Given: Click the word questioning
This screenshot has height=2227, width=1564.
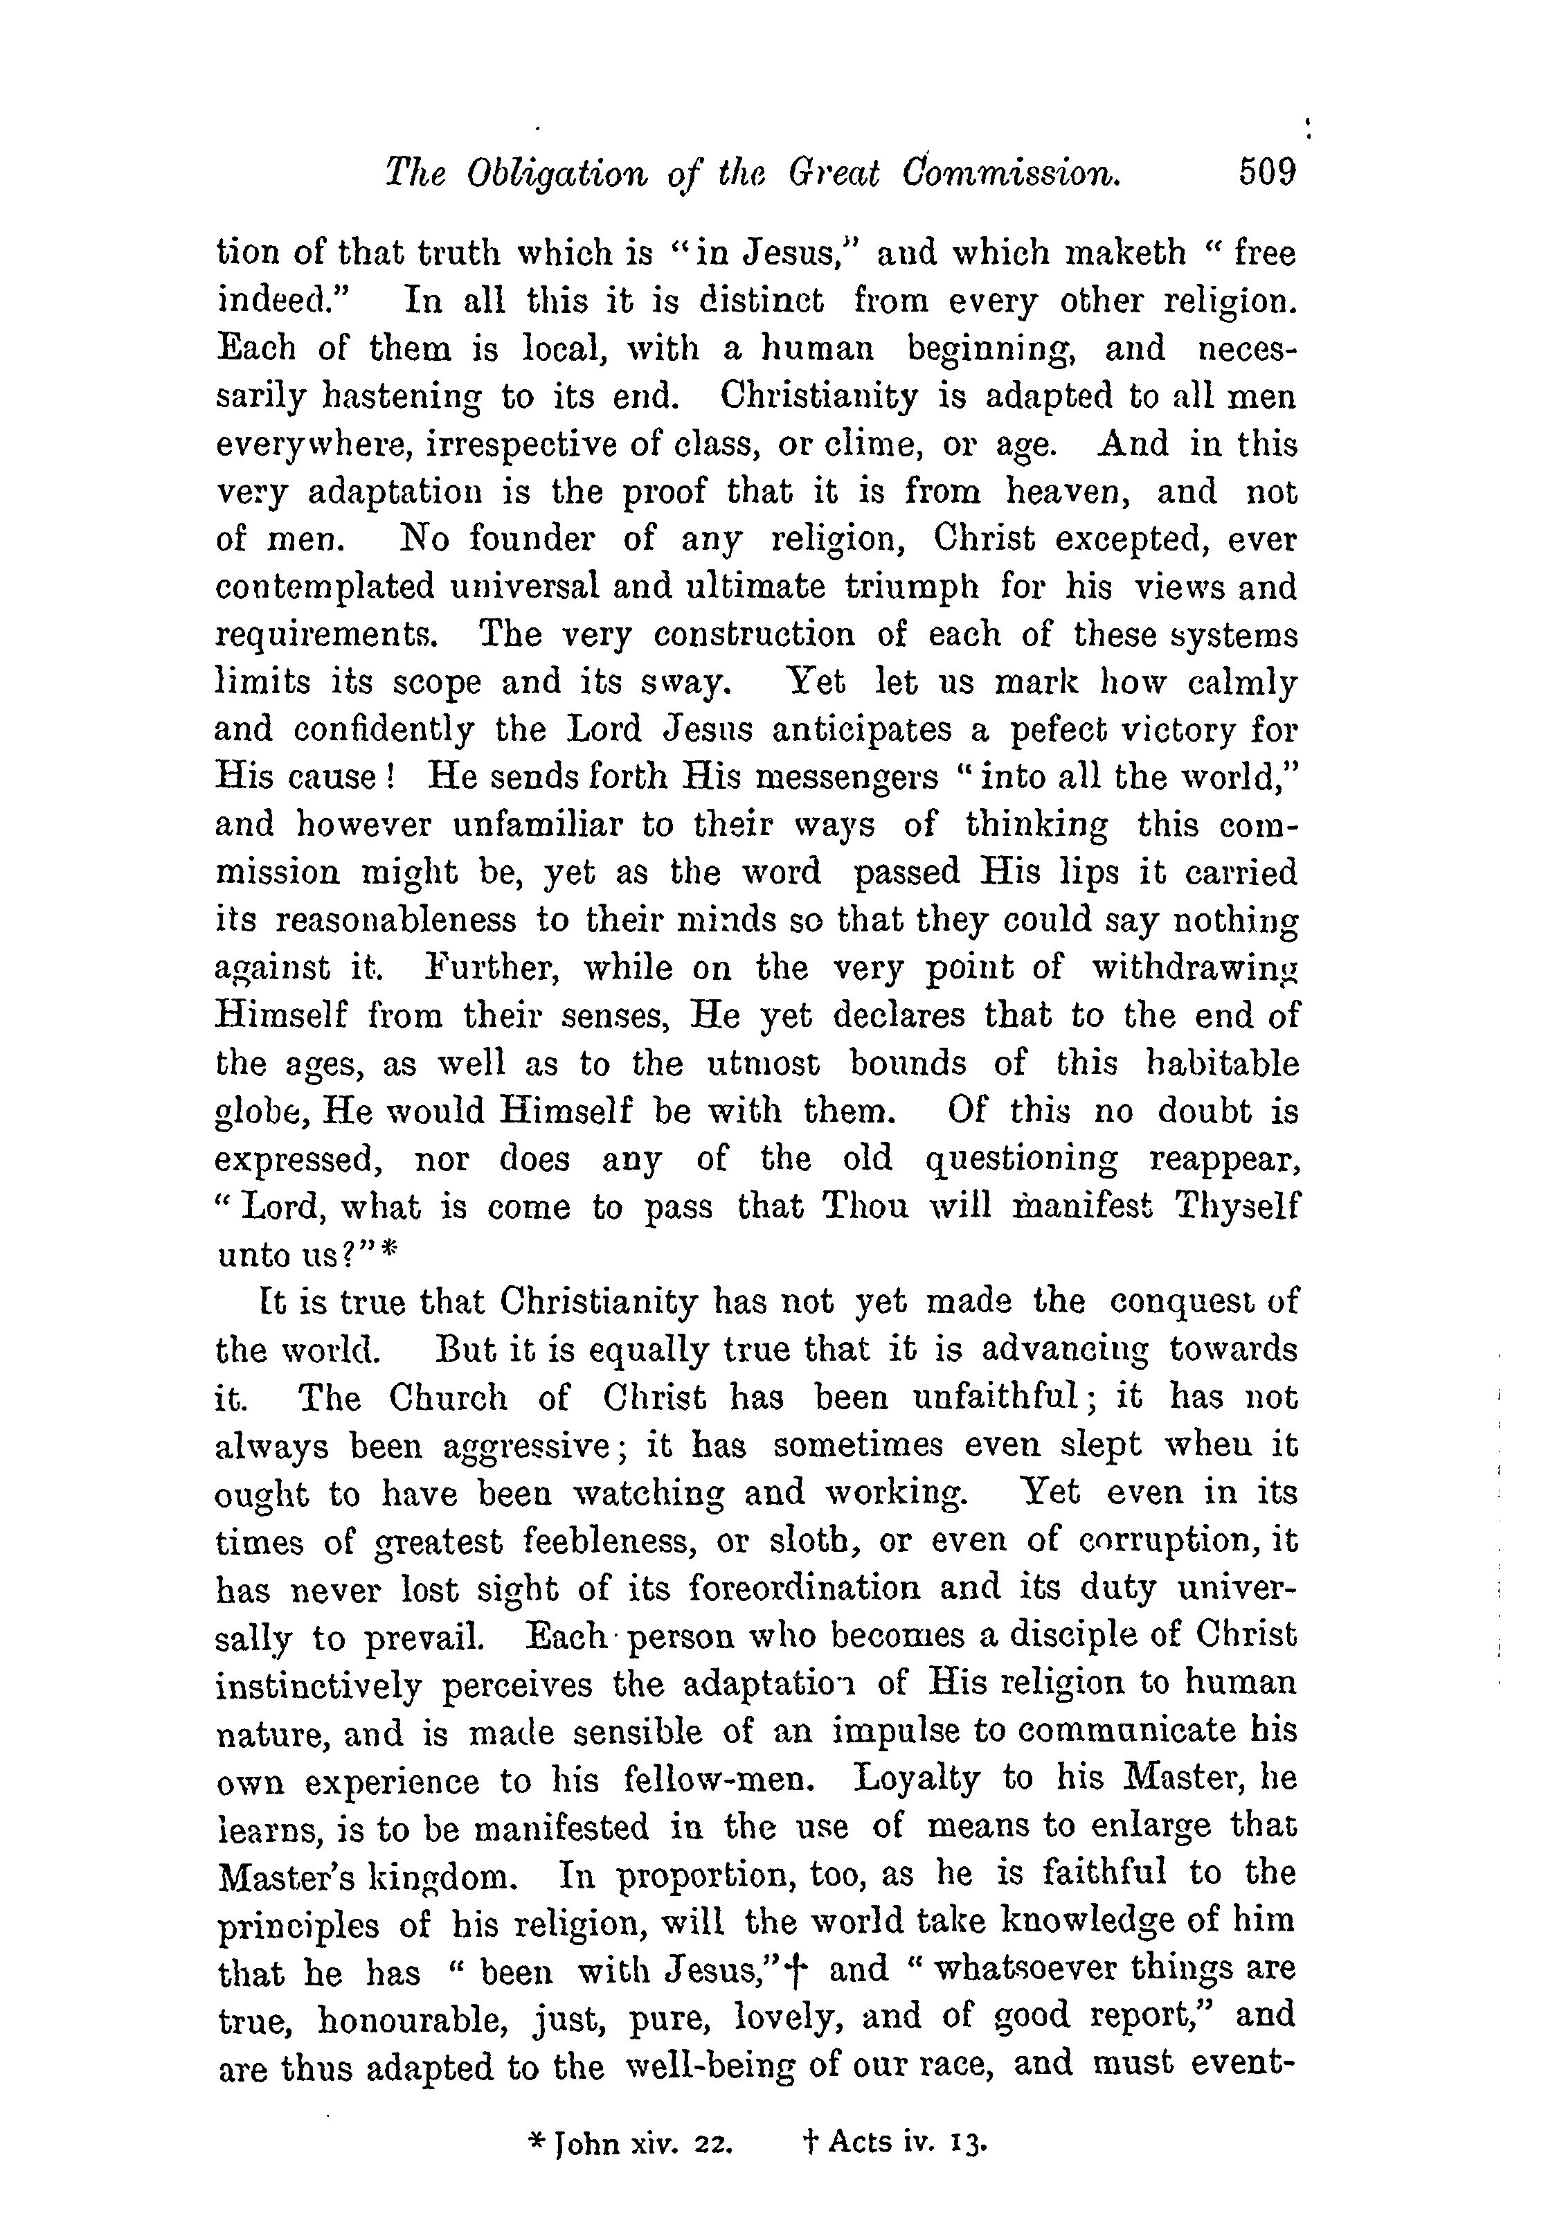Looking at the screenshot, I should coord(1021,1159).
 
